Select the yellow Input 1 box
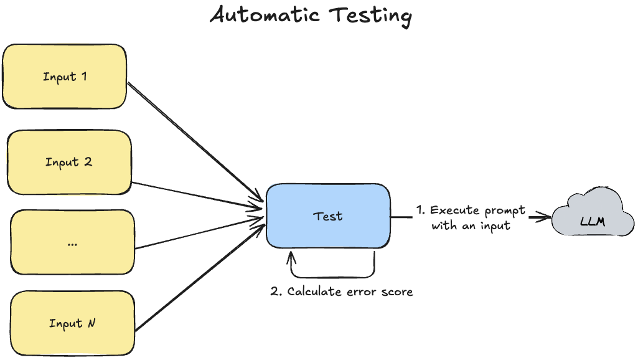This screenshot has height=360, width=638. [65, 77]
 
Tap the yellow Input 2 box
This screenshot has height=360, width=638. [68, 162]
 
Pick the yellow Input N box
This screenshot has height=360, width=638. [72, 323]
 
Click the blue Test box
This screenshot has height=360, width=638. [328, 216]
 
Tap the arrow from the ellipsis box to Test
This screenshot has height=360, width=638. [199, 234]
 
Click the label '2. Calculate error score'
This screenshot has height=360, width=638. [342, 291]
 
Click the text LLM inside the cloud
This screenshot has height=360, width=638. [592, 222]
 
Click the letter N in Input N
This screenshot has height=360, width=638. [91, 323]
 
